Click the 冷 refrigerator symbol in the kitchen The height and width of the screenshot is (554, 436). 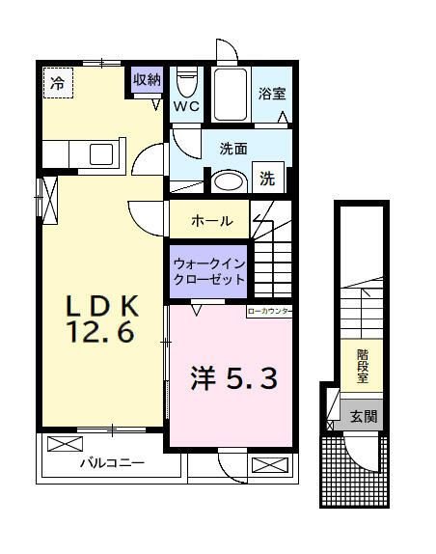coord(57,84)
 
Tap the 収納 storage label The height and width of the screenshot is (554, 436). coord(147,80)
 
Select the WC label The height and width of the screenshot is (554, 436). coord(187,107)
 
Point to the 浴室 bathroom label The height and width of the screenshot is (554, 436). coord(272,95)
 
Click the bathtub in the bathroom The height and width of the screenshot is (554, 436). coord(231,94)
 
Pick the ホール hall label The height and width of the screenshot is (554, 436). coord(210,221)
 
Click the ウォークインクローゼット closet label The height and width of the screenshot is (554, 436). coord(208,270)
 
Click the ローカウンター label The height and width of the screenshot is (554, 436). coord(270,311)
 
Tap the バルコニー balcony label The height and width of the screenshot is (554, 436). coord(112,464)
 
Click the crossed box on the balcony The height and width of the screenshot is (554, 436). coord(66,445)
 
